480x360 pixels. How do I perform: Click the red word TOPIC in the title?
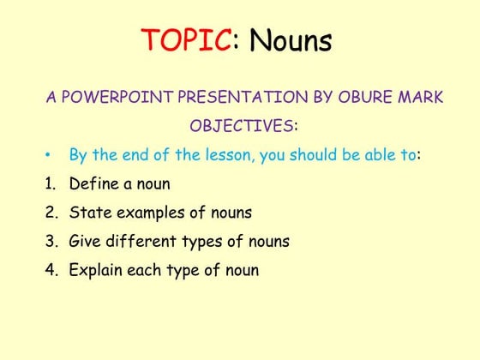[186, 40]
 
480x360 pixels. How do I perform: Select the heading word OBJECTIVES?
[241, 127]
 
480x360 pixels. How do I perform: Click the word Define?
[93, 183]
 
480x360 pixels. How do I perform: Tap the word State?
[87, 213]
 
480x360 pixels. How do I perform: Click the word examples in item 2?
[148, 213]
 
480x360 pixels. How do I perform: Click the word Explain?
[96, 270]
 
